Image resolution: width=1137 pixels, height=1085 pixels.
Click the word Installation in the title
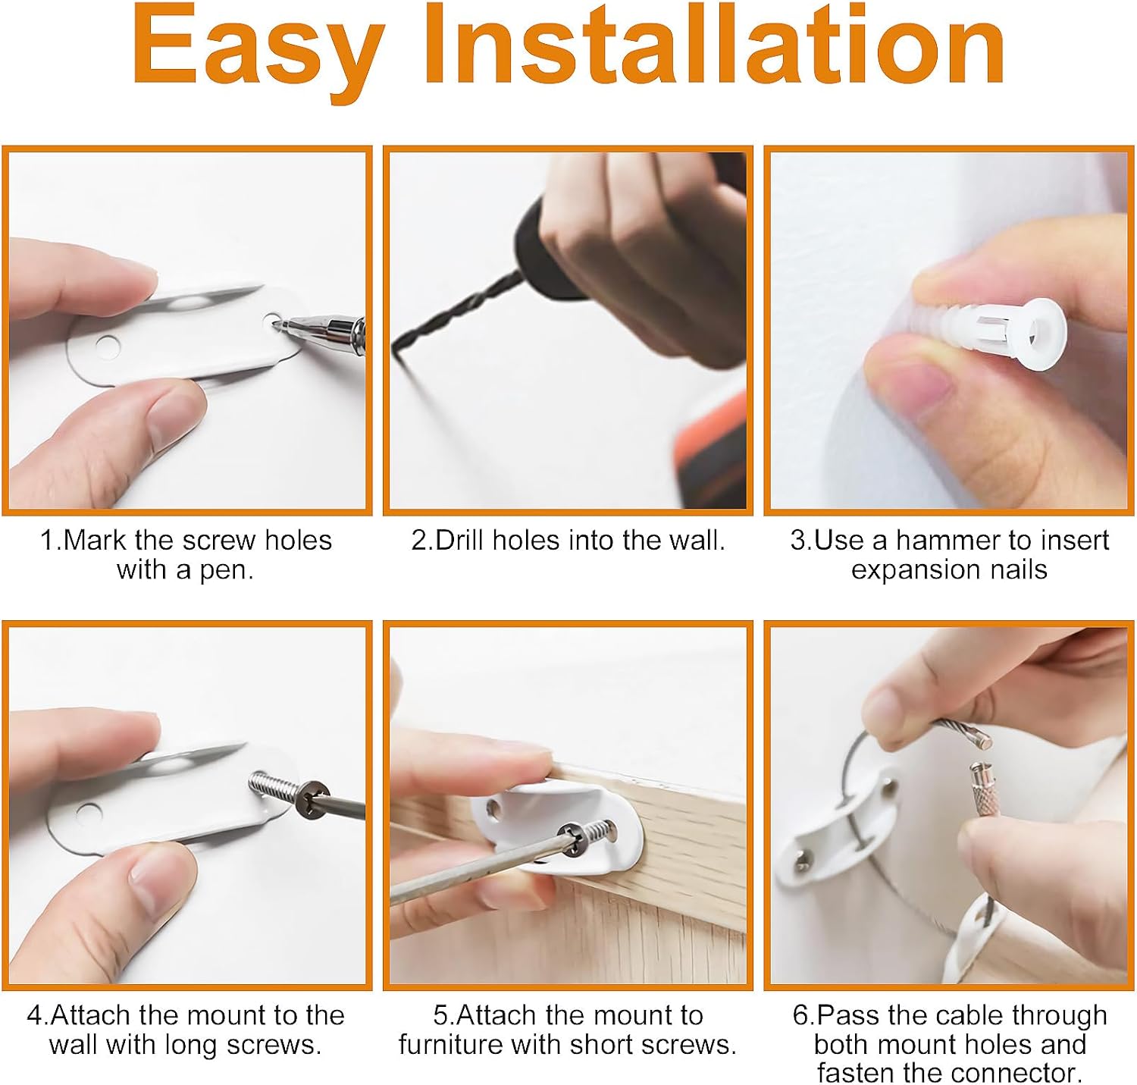[x=714, y=45]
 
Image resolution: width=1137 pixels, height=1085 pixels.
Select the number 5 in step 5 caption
[x=440, y=1015]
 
